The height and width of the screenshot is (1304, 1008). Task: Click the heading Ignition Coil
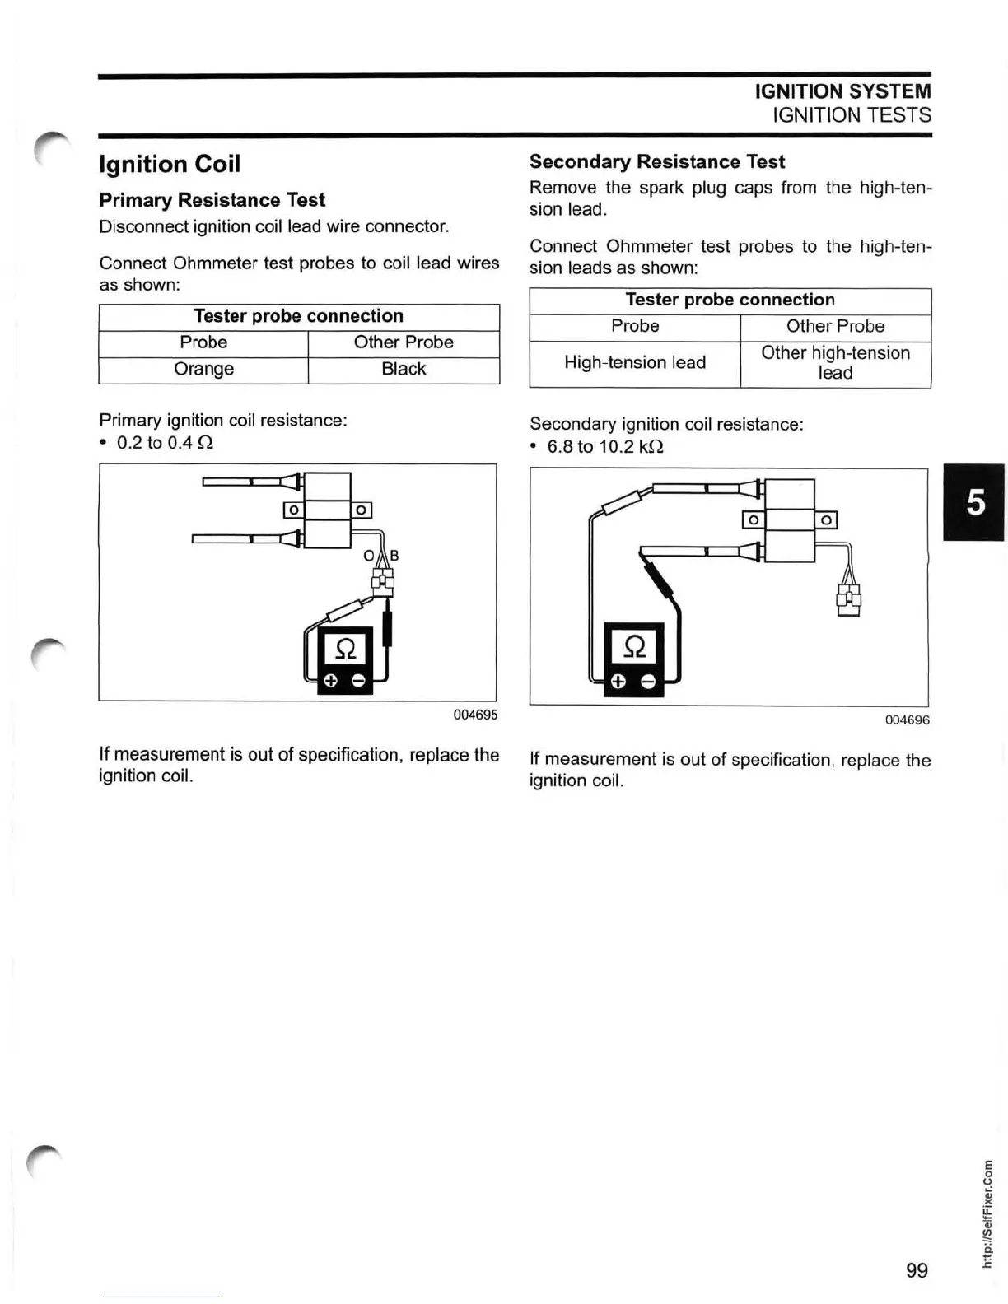click(170, 164)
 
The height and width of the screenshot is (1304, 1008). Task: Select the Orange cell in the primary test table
click(203, 369)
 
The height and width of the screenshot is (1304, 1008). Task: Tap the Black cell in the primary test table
click(404, 369)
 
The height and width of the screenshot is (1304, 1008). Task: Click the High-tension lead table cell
click(635, 362)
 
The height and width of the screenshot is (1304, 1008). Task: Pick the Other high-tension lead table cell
click(835, 362)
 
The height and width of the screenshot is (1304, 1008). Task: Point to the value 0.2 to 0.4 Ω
click(165, 443)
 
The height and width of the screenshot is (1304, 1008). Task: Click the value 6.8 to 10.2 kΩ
click(605, 447)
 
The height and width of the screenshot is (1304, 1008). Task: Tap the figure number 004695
click(475, 715)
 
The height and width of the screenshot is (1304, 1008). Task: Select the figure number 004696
click(907, 720)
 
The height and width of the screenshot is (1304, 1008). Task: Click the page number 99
click(917, 1270)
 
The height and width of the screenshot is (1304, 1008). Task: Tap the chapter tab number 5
click(975, 501)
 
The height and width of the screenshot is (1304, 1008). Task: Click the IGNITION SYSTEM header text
click(842, 91)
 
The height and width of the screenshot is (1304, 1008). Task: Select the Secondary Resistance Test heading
click(657, 161)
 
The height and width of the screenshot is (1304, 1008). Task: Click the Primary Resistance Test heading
click(212, 200)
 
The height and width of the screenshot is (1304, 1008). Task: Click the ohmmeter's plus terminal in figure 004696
click(618, 682)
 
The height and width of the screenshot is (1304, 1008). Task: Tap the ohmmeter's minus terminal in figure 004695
click(358, 681)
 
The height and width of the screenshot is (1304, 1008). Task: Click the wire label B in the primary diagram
click(394, 556)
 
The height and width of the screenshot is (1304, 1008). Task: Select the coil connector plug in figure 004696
click(848, 598)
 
